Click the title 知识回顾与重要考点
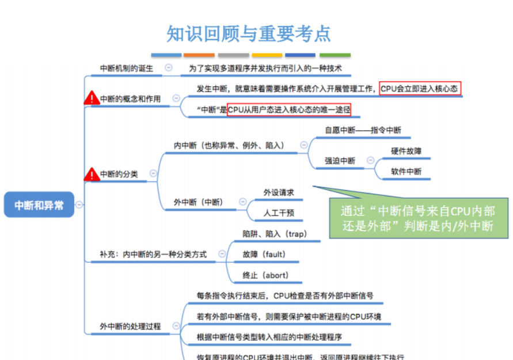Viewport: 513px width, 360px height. tap(249, 33)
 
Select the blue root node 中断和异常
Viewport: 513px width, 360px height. tap(39, 205)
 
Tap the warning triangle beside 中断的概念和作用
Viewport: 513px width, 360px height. tap(91, 98)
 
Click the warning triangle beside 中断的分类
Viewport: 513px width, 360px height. tap(91, 173)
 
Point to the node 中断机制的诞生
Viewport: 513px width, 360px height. tap(127, 68)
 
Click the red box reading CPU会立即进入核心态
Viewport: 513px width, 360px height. tap(420, 89)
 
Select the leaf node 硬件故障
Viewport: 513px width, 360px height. tap(406, 151)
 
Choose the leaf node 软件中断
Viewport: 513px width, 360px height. tap(406, 172)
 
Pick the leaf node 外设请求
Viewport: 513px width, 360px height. tap(279, 192)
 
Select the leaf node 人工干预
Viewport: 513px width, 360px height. tap(279, 213)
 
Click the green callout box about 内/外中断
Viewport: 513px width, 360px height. tap(419, 218)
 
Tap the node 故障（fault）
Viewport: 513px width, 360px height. tap(264, 254)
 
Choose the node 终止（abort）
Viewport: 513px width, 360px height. tap(265, 275)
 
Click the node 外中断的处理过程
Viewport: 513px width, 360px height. tap(130, 327)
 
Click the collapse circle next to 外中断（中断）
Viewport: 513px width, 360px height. tap(242, 202)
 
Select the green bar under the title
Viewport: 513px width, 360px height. tap(335, 55)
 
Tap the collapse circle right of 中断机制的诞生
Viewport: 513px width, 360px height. tap(169, 67)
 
